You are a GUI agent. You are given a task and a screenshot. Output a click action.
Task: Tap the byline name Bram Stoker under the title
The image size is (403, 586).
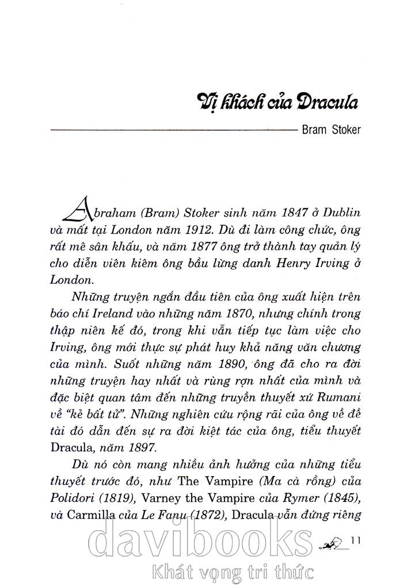pyautogui.click(x=331, y=130)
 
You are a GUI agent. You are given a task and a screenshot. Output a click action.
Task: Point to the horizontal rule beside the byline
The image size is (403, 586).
pyautogui.click(x=173, y=131)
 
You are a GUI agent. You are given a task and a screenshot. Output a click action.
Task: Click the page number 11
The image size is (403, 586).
pyautogui.click(x=355, y=539)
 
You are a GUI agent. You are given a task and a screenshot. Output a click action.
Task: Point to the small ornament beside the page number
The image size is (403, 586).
pyautogui.click(x=334, y=541)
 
